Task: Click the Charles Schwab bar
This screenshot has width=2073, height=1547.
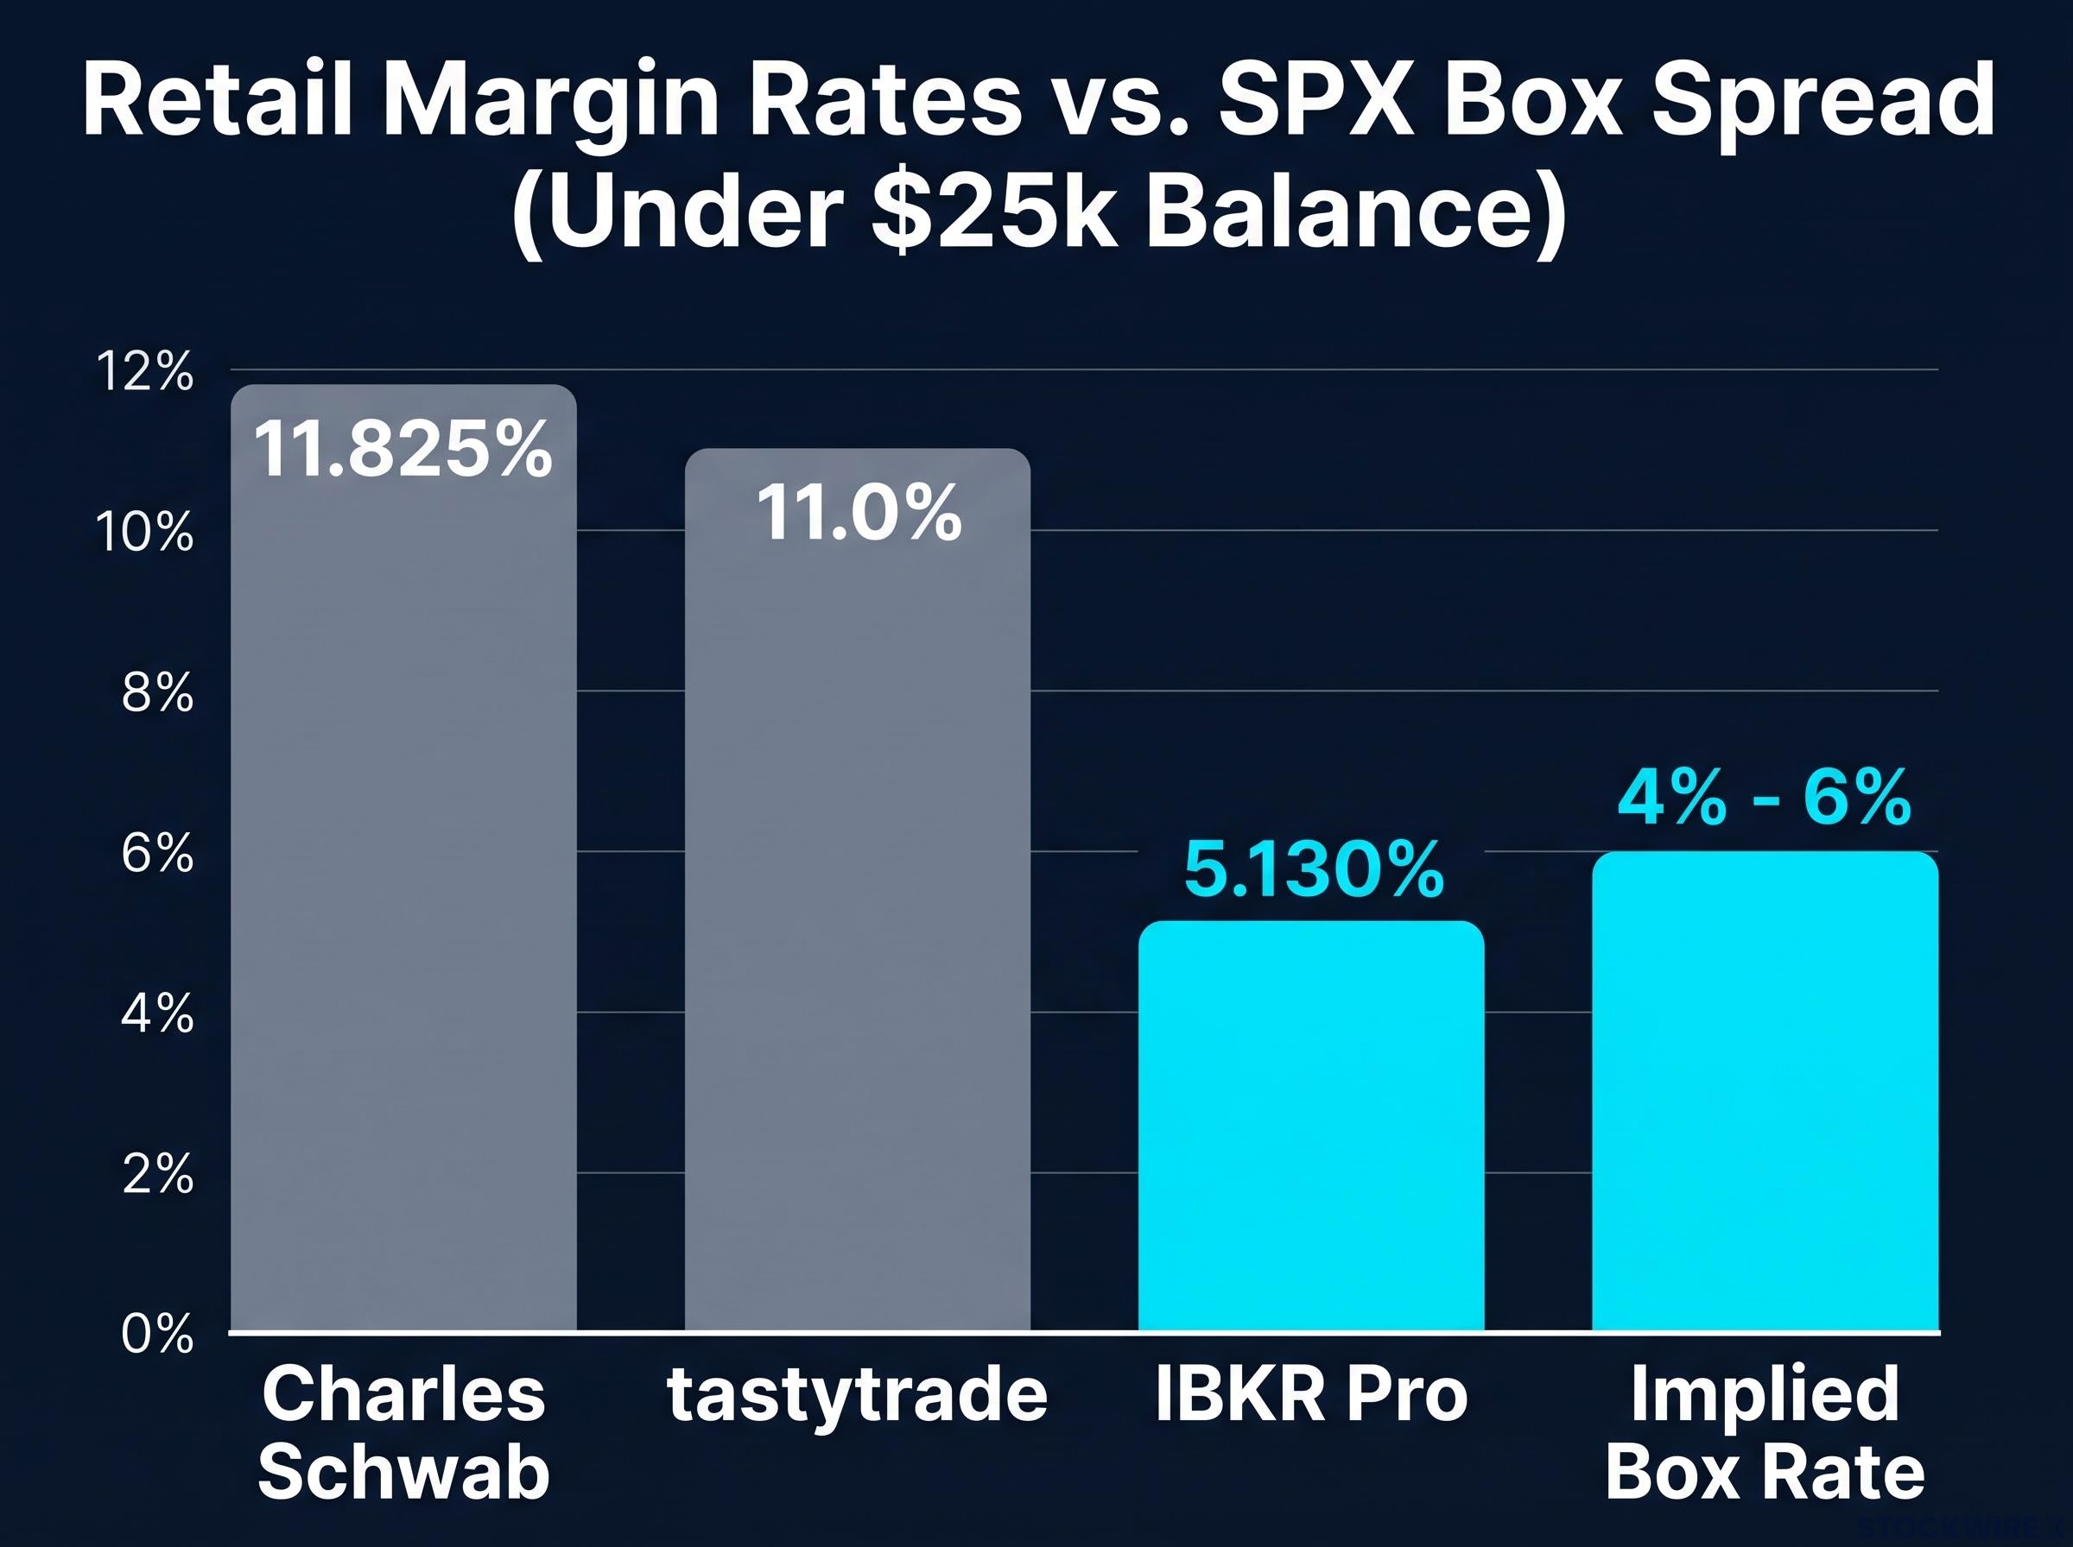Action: [403, 857]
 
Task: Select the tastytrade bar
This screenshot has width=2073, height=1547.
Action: [857, 890]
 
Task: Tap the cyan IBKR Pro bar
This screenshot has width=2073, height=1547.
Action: [1310, 1126]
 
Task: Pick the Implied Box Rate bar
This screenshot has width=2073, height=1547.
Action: [1765, 1091]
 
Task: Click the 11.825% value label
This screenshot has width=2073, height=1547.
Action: [403, 449]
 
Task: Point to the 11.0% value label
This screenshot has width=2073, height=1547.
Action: [859, 512]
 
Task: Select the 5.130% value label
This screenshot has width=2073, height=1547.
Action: [1313, 870]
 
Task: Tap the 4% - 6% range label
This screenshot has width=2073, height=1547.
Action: [1764, 798]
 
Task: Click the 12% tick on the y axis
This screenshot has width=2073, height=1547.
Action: [145, 372]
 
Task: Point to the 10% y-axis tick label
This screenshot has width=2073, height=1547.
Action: [145, 534]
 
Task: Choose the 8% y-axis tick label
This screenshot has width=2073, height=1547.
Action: [157, 694]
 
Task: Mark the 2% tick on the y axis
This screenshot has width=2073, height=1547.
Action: [157, 1174]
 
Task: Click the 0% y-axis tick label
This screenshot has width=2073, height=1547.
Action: [157, 1334]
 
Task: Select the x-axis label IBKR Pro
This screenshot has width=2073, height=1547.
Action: [1311, 1393]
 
